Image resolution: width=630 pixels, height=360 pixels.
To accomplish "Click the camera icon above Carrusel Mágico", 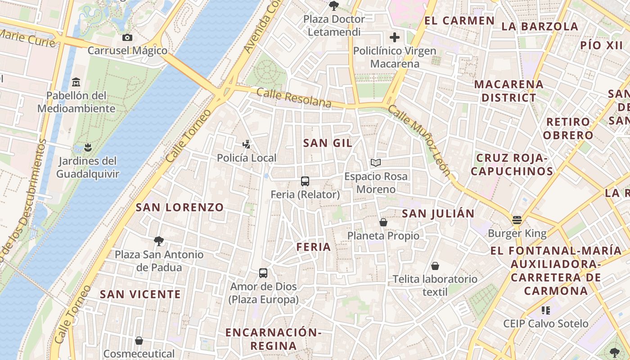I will pos(127,37).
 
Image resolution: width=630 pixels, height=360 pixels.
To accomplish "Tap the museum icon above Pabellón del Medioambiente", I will pos(76,82).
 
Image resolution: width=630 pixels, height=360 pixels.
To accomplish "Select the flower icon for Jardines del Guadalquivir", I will pos(88,147).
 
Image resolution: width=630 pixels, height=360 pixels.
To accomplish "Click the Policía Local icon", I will pos(246,144).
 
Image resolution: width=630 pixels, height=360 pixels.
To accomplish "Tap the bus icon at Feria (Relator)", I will pos(305,181).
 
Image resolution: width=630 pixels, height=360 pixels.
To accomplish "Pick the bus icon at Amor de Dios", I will pos(263,273).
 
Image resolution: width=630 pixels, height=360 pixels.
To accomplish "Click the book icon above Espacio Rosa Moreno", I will pos(376,163).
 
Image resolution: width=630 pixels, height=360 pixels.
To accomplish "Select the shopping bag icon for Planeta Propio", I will pos(383,222).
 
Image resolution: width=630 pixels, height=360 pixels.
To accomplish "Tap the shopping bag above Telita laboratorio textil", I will pos(435,266).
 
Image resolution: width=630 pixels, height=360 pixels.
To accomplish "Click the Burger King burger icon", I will pos(517,220).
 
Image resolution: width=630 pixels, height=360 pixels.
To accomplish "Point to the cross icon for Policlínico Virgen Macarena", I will pos(395,37).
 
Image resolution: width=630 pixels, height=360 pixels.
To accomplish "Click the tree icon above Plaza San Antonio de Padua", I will pos(158,241).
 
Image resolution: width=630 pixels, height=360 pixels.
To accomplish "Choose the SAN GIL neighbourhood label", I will pos(328,143).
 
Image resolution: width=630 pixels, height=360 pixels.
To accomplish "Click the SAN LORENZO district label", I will pos(180,207).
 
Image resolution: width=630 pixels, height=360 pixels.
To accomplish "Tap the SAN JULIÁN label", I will pos(438,214).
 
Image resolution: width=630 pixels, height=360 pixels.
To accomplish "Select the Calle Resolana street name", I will pos(294,98).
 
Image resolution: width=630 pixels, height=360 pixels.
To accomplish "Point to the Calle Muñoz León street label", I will pos(419,140).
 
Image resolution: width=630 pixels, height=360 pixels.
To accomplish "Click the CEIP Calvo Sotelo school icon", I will pos(546,310).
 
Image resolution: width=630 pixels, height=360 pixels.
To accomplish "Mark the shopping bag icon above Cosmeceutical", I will pos(139,341).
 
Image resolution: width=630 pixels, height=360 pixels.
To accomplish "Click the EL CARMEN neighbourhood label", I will pos(459,21).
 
